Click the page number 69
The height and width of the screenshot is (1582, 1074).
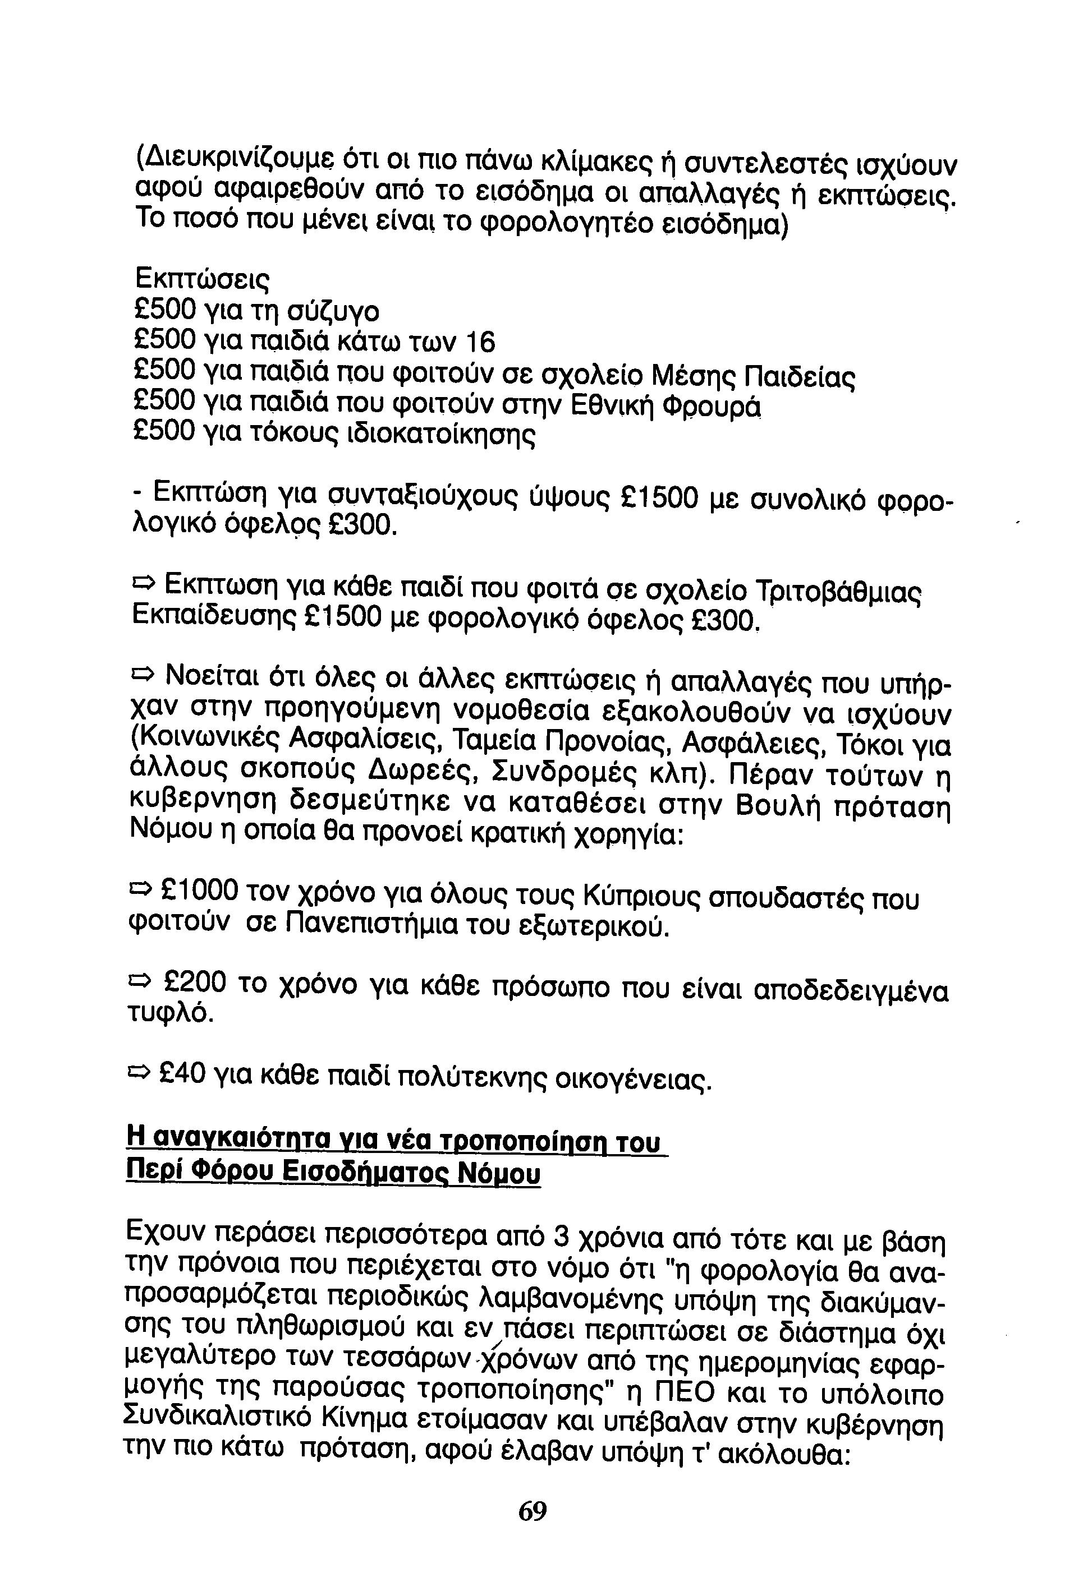tap(533, 1511)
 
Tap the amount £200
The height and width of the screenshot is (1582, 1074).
tap(195, 981)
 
